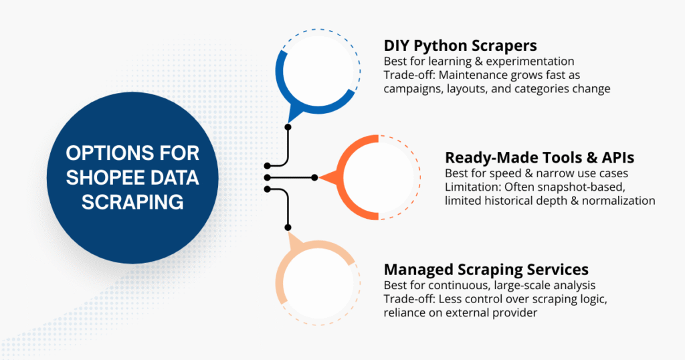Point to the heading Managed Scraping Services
[486, 269]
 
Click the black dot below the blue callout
[288, 126]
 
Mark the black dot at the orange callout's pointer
[315, 177]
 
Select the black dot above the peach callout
[288, 228]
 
